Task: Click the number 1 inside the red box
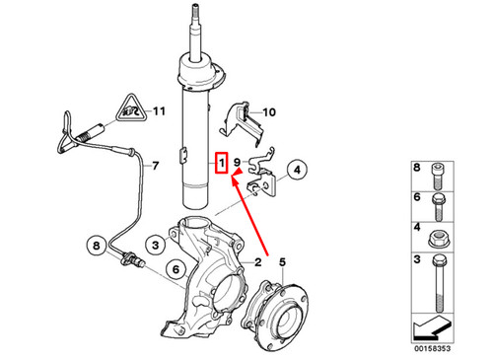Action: click(223, 160)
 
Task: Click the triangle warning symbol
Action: click(127, 109)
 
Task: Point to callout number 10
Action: click(270, 112)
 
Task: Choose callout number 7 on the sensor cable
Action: click(154, 168)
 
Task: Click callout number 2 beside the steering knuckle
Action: click(257, 262)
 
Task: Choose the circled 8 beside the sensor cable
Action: click(97, 244)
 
